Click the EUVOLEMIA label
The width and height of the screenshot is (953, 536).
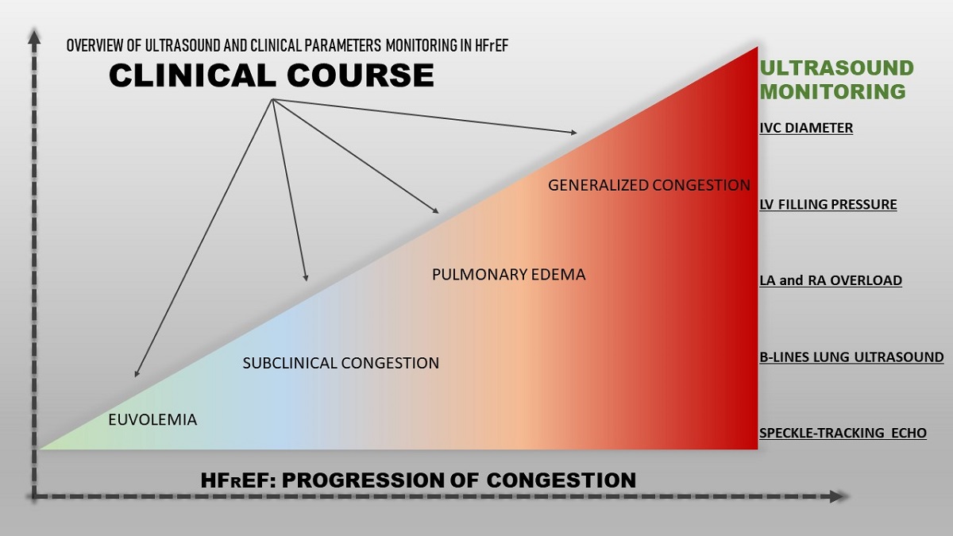click(x=152, y=420)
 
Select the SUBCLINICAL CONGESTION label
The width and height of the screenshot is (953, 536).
click(x=340, y=363)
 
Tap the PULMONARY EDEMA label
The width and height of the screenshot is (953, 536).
click(x=508, y=275)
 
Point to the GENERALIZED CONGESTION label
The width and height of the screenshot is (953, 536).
click(x=649, y=185)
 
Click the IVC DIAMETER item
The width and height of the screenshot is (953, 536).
click(x=806, y=128)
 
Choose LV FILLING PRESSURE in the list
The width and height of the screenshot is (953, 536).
click(x=828, y=205)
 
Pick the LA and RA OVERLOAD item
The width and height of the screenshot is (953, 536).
click(x=831, y=280)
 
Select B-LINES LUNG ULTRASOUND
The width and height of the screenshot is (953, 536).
click(x=851, y=357)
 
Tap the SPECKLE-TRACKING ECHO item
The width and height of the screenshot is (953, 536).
click(x=843, y=434)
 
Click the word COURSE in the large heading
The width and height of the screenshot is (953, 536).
click(x=372, y=75)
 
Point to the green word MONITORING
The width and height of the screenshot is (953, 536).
click(x=833, y=91)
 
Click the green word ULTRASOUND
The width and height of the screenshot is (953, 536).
click(x=837, y=67)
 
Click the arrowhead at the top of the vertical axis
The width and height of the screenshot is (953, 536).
click(x=33, y=36)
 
